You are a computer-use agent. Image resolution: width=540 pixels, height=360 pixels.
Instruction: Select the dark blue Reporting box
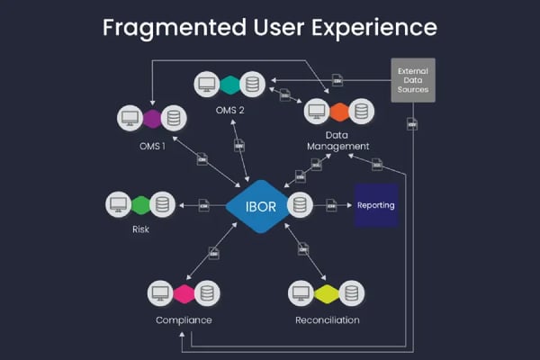375,205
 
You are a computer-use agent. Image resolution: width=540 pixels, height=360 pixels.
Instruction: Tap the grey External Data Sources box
413,79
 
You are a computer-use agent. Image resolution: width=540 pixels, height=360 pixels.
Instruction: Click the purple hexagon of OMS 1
151,118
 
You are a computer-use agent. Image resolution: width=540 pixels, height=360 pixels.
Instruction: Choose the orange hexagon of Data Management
338,112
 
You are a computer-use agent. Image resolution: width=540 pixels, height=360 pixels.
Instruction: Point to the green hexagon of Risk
139,204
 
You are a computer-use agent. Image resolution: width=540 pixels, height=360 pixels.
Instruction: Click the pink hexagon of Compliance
184,293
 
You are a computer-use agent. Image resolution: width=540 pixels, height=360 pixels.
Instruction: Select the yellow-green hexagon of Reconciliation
326,293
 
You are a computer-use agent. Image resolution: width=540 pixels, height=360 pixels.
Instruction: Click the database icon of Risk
162,204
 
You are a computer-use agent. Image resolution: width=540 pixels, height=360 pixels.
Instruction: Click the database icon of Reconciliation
349,293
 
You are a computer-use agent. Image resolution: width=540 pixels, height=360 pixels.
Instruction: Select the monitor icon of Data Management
315,112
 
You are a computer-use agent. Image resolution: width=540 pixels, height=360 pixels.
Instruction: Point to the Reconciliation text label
327,319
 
